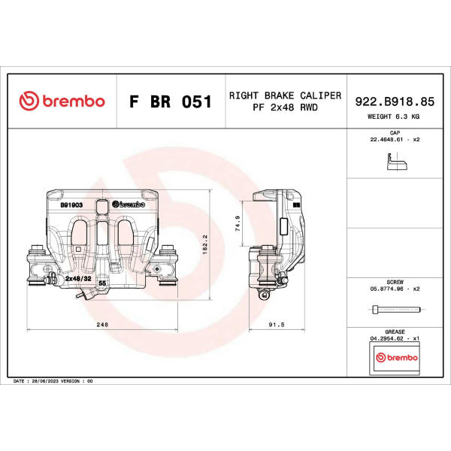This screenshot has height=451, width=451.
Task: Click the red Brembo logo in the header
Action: click(62, 101)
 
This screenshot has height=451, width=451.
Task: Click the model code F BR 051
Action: click(171, 101)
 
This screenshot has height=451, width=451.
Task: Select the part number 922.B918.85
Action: click(395, 101)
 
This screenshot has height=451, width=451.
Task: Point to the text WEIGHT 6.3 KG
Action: click(393, 117)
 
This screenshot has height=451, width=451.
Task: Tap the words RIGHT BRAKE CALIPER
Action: click(285, 95)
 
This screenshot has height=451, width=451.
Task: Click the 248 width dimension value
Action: click(102, 325)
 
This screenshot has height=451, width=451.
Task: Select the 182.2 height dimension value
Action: click(204, 244)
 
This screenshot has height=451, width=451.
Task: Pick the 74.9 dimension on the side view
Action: click(238, 223)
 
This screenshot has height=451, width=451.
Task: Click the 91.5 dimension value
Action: click(277, 325)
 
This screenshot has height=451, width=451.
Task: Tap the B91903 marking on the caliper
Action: click(71, 204)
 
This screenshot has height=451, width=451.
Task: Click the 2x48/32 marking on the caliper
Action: click(78, 278)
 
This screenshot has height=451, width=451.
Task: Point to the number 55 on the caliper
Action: click(102, 283)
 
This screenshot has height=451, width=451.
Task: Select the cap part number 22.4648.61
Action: click(386, 140)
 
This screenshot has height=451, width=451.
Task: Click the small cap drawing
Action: click(397, 162)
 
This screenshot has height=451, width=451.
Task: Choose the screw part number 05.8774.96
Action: click(386, 289)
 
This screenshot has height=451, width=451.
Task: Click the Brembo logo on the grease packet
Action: click(397, 358)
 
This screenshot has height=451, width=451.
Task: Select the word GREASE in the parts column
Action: click(395, 332)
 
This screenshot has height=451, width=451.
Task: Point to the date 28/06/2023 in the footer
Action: click(45, 381)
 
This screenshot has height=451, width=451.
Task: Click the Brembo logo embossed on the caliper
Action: click(129, 204)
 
